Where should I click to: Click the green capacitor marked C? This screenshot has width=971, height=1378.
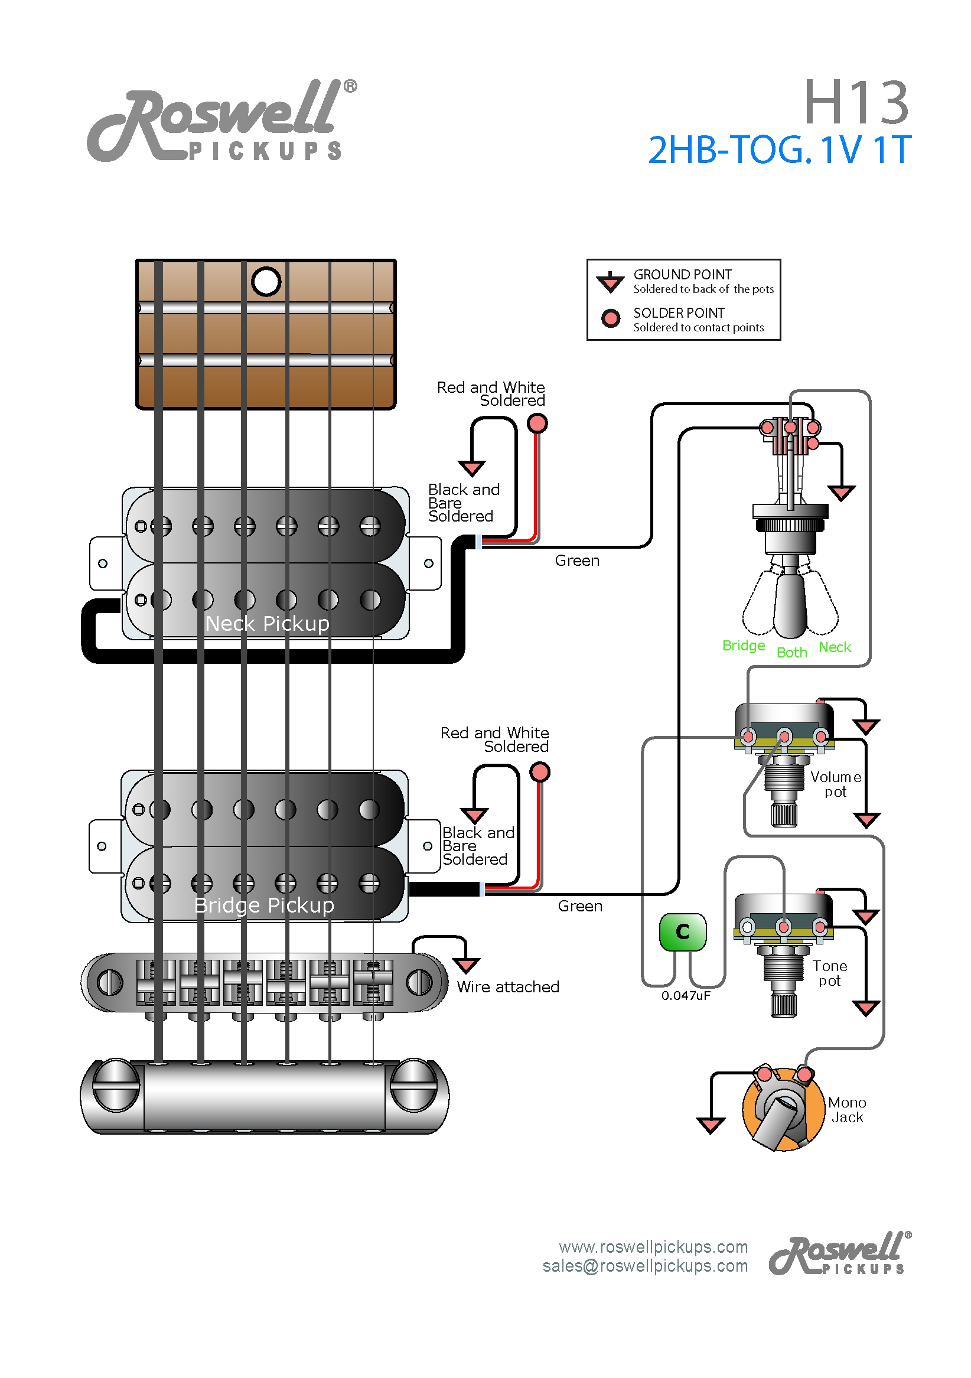tap(682, 932)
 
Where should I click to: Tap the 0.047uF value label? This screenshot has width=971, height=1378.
tap(685, 996)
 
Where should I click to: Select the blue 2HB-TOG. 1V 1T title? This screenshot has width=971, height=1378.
tap(779, 149)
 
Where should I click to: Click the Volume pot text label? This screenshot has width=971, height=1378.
tap(835, 784)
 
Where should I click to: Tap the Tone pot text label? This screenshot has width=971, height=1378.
tap(829, 973)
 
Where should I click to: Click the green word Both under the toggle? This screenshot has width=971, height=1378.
tap(791, 653)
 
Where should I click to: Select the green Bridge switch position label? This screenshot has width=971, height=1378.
tap(743, 646)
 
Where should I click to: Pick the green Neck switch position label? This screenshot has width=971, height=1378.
tap(834, 647)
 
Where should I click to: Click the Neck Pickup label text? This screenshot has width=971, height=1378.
tap(267, 624)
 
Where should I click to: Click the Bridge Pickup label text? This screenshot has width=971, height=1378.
tap(264, 905)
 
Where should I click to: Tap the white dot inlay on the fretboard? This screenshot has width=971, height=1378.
tap(266, 282)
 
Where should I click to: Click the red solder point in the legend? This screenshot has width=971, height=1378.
tap(610, 318)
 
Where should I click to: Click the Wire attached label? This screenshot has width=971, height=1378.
tap(508, 988)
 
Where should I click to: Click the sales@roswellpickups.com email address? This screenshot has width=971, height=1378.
tap(644, 1266)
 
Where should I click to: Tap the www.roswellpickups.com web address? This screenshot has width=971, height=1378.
tap(653, 1247)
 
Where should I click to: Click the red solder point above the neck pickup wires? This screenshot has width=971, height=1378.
tap(536, 424)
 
